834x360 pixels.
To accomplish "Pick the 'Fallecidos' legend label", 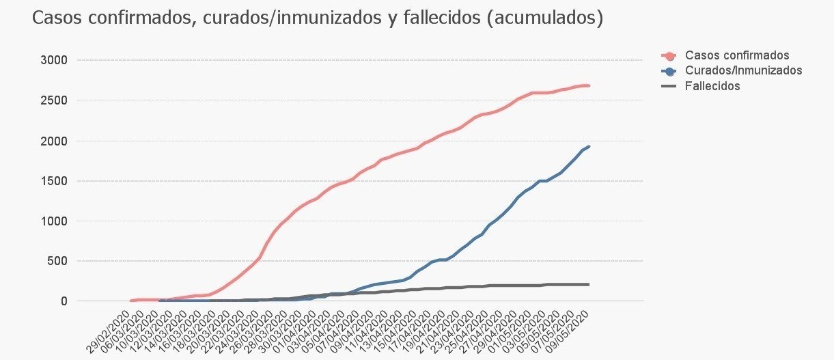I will pos(712,86).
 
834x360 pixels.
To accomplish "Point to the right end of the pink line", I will pos(589,85).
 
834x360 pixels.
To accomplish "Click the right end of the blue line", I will pos(589,146).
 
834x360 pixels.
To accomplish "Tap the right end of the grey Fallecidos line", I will pos(589,284).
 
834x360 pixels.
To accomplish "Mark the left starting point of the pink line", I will pos(131,301).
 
